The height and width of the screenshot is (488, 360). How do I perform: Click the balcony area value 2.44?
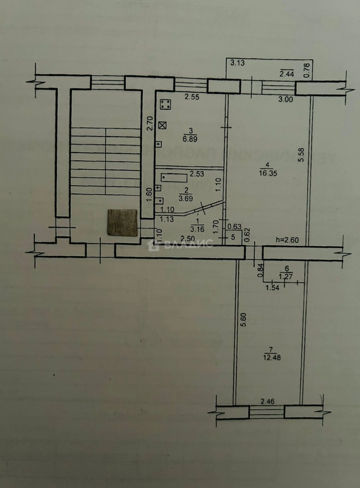point(287,74)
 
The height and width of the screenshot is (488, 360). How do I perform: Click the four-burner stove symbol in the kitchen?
point(165,105)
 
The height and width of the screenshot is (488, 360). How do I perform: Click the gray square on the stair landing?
point(122,222)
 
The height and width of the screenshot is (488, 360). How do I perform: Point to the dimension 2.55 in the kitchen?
point(192,96)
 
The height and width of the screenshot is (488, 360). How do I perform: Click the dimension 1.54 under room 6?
point(272,287)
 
